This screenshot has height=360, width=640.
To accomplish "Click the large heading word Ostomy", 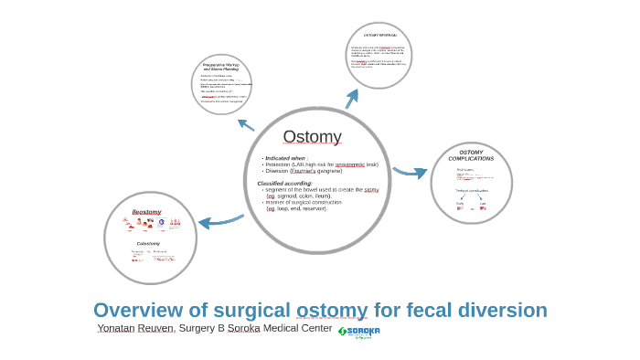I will pos(312,137).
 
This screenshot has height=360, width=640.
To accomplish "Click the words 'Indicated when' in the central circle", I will pos(286,158).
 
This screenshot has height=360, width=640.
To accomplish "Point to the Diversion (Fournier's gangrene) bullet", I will pos(303,171).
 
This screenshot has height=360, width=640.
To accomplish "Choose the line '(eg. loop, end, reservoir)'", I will pos(296,208).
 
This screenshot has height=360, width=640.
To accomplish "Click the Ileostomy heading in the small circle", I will pos(146,212).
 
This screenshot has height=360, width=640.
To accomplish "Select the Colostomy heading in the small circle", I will pos(148,244).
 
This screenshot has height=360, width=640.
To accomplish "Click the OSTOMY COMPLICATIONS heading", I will pos(471,155).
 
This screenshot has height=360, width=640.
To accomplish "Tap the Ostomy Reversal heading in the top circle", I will pos(379,35).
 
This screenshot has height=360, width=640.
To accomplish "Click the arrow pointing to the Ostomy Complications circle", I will pos(410,172).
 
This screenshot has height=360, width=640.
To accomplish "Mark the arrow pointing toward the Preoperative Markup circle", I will pos(246,124).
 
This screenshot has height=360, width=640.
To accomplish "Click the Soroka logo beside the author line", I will pos(358,332).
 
